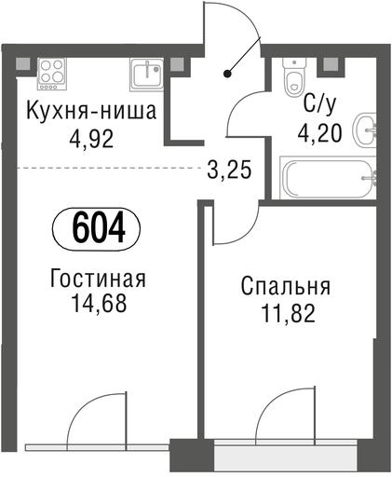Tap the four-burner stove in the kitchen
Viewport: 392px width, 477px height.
click(52, 74)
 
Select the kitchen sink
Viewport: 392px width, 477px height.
click(147, 75)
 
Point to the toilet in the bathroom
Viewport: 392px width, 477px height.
click(294, 76)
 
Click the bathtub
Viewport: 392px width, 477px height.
click(329, 178)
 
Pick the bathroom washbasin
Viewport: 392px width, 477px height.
click(366, 130)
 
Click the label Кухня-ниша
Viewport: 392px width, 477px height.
click(91, 112)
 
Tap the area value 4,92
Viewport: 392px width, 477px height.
click(91, 139)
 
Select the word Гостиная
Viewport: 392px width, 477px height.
click(98, 278)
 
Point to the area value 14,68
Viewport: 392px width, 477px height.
click(99, 303)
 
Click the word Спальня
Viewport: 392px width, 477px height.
click(286, 286)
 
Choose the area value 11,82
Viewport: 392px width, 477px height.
click(289, 313)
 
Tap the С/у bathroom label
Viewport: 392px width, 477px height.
click(319, 104)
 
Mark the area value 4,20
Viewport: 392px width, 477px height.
click(319, 133)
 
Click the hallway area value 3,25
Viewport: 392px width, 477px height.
click(229, 170)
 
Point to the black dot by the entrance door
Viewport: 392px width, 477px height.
click(227, 74)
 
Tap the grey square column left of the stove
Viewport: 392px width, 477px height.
click(22, 64)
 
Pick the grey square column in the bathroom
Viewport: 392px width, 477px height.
click(331, 64)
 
